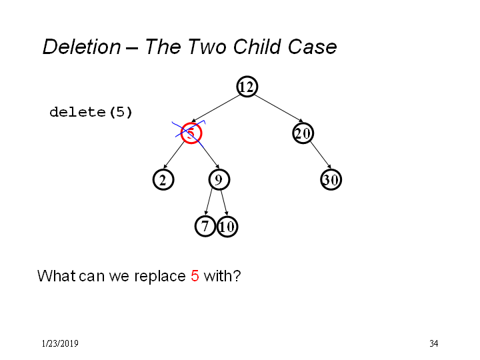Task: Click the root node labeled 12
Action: point(247,87)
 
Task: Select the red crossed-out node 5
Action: point(191,133)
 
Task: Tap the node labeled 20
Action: point(303,133)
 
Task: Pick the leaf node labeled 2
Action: point(163,180)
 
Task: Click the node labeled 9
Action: point(219,180)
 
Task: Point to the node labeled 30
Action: point(331,180)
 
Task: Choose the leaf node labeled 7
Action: point(205,226)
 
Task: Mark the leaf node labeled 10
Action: point(227,227)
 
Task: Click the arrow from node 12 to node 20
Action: point(279,109)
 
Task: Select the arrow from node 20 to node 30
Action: point(321,155)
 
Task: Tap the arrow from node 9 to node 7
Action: point(209,202)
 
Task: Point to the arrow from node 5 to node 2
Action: point(175,155)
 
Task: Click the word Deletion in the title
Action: point(82,47)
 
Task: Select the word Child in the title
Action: point(257,47)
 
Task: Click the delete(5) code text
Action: point(91,112)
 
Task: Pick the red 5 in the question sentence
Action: point(195,276)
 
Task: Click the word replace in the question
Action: point(160,277)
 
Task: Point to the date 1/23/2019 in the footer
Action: point(60,343)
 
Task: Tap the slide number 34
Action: point(434,343)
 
